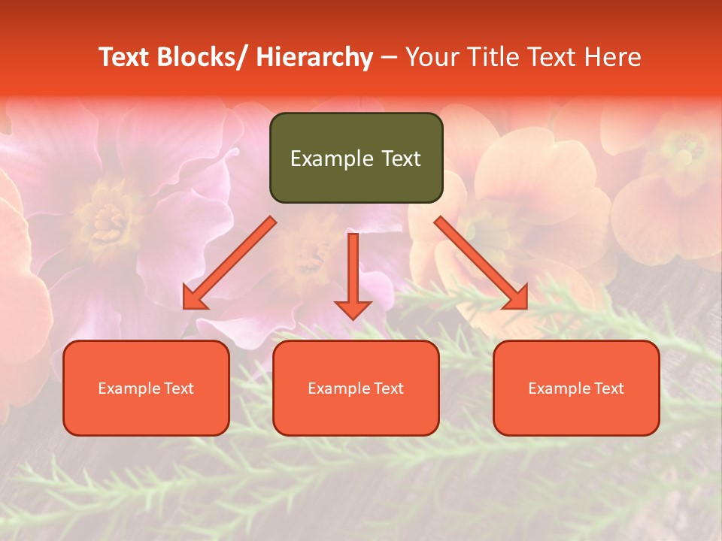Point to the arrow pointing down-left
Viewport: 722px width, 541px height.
tap(229, 263)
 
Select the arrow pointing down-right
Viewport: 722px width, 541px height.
tap(481, 263)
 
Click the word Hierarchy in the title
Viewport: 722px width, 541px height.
tap(314, 57)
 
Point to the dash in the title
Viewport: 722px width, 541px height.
tap(389, 57)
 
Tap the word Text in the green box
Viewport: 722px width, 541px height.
tap(400, 159)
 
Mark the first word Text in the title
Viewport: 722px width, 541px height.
tap(124, 57)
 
